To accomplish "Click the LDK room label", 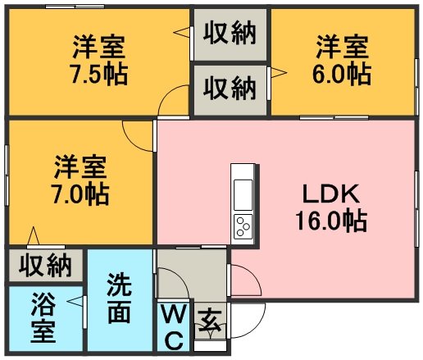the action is click(331, 194).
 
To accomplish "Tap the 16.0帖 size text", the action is click(331, 221).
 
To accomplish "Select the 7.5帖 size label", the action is click(99, 74).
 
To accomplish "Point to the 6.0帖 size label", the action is click(342, 74).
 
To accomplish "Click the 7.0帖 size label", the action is click(80, 194).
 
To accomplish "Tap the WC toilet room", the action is click(173, 326).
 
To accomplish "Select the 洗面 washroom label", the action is click(120, 298).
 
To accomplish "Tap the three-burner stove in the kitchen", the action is click(243, 226).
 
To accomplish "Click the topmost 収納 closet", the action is click(230, 34).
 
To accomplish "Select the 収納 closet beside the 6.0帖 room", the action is click(230, 90).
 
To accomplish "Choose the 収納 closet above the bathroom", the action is click(45, 265).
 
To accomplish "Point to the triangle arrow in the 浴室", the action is click(75, 301).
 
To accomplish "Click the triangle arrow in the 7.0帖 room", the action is click(34, 235).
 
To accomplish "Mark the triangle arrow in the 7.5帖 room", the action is click(181, 32).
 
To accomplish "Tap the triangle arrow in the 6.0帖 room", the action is click(279, 73).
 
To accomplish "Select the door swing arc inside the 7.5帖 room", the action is click(167, 93).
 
